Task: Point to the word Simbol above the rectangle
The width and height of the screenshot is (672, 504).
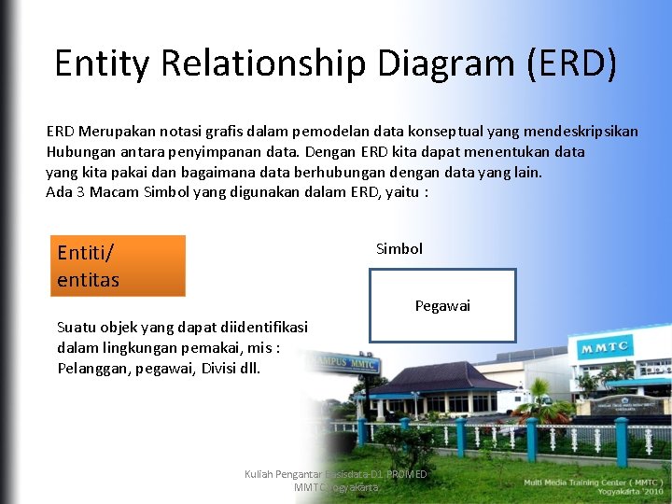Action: pos(399,248)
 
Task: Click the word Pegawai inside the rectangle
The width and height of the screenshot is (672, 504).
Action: pos(442,306)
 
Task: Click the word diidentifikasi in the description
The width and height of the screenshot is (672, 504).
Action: pos(264,327)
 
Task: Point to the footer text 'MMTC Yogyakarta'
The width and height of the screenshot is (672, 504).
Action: pos(336,487)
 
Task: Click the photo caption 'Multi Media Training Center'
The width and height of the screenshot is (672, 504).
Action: pos(594,483)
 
